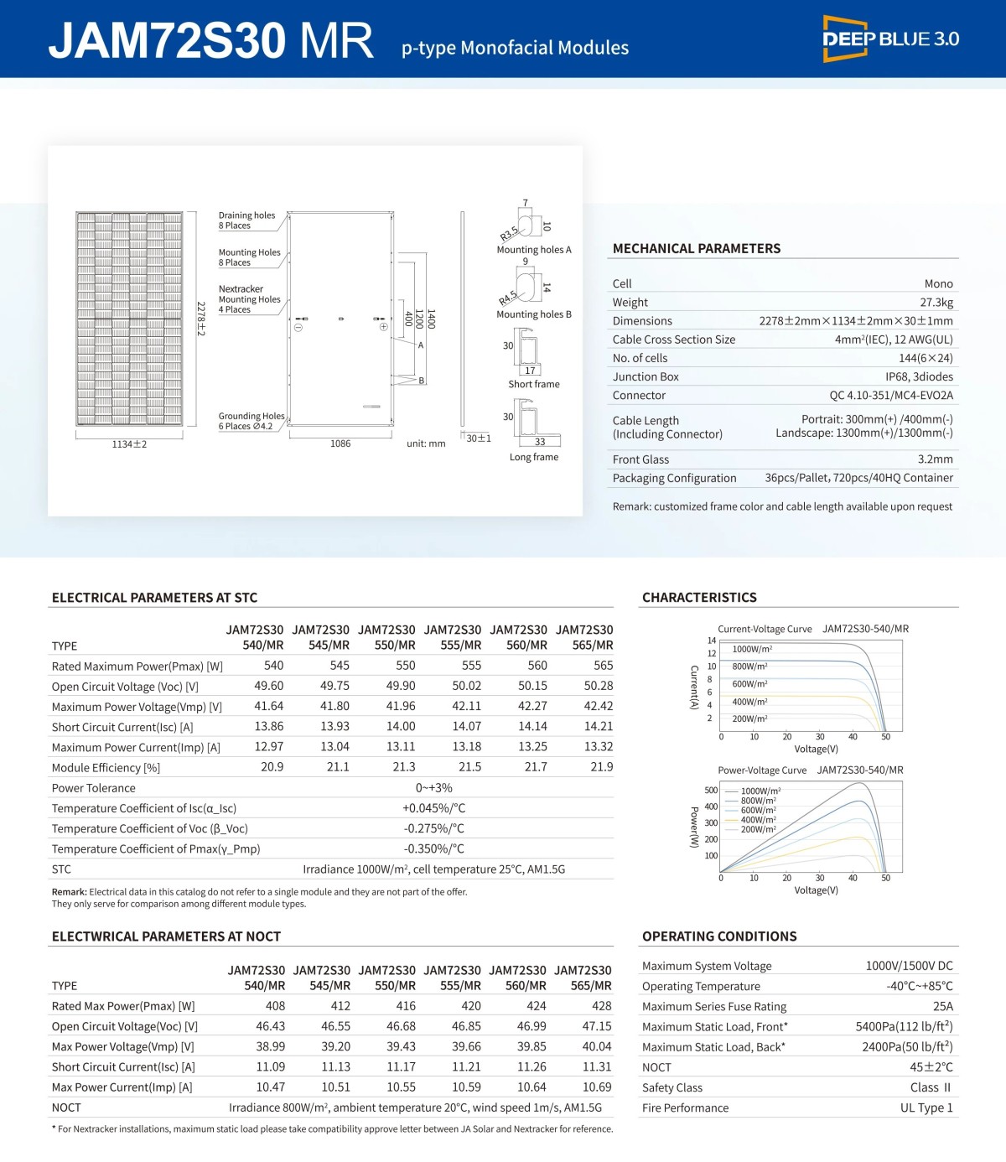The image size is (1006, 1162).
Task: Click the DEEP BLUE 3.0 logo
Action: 889,39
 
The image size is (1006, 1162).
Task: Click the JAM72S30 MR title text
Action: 210,40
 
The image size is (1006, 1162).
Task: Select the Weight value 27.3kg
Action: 936,303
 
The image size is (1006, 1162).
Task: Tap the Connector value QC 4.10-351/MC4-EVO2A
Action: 890,396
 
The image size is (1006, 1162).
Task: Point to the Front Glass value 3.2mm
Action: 935,459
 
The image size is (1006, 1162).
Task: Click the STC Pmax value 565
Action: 603,666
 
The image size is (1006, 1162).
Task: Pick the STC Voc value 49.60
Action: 268,686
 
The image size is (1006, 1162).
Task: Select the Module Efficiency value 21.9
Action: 601,767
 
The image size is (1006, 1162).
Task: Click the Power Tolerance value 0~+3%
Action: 433,788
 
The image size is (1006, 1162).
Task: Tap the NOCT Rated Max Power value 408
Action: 275,1006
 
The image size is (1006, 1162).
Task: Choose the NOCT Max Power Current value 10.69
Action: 597,1087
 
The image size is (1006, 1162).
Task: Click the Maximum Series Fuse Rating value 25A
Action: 942,1007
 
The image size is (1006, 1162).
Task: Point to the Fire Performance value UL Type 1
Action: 926,1108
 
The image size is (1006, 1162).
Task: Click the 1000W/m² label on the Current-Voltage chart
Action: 752,650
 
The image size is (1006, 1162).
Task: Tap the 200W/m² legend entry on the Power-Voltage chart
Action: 758,830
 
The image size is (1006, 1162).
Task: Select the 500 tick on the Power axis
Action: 711,791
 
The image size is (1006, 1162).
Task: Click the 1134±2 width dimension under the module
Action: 129,444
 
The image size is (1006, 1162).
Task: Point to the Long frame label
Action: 533,458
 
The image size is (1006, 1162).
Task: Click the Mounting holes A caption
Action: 533,250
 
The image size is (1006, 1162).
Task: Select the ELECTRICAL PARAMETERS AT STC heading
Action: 154,598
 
